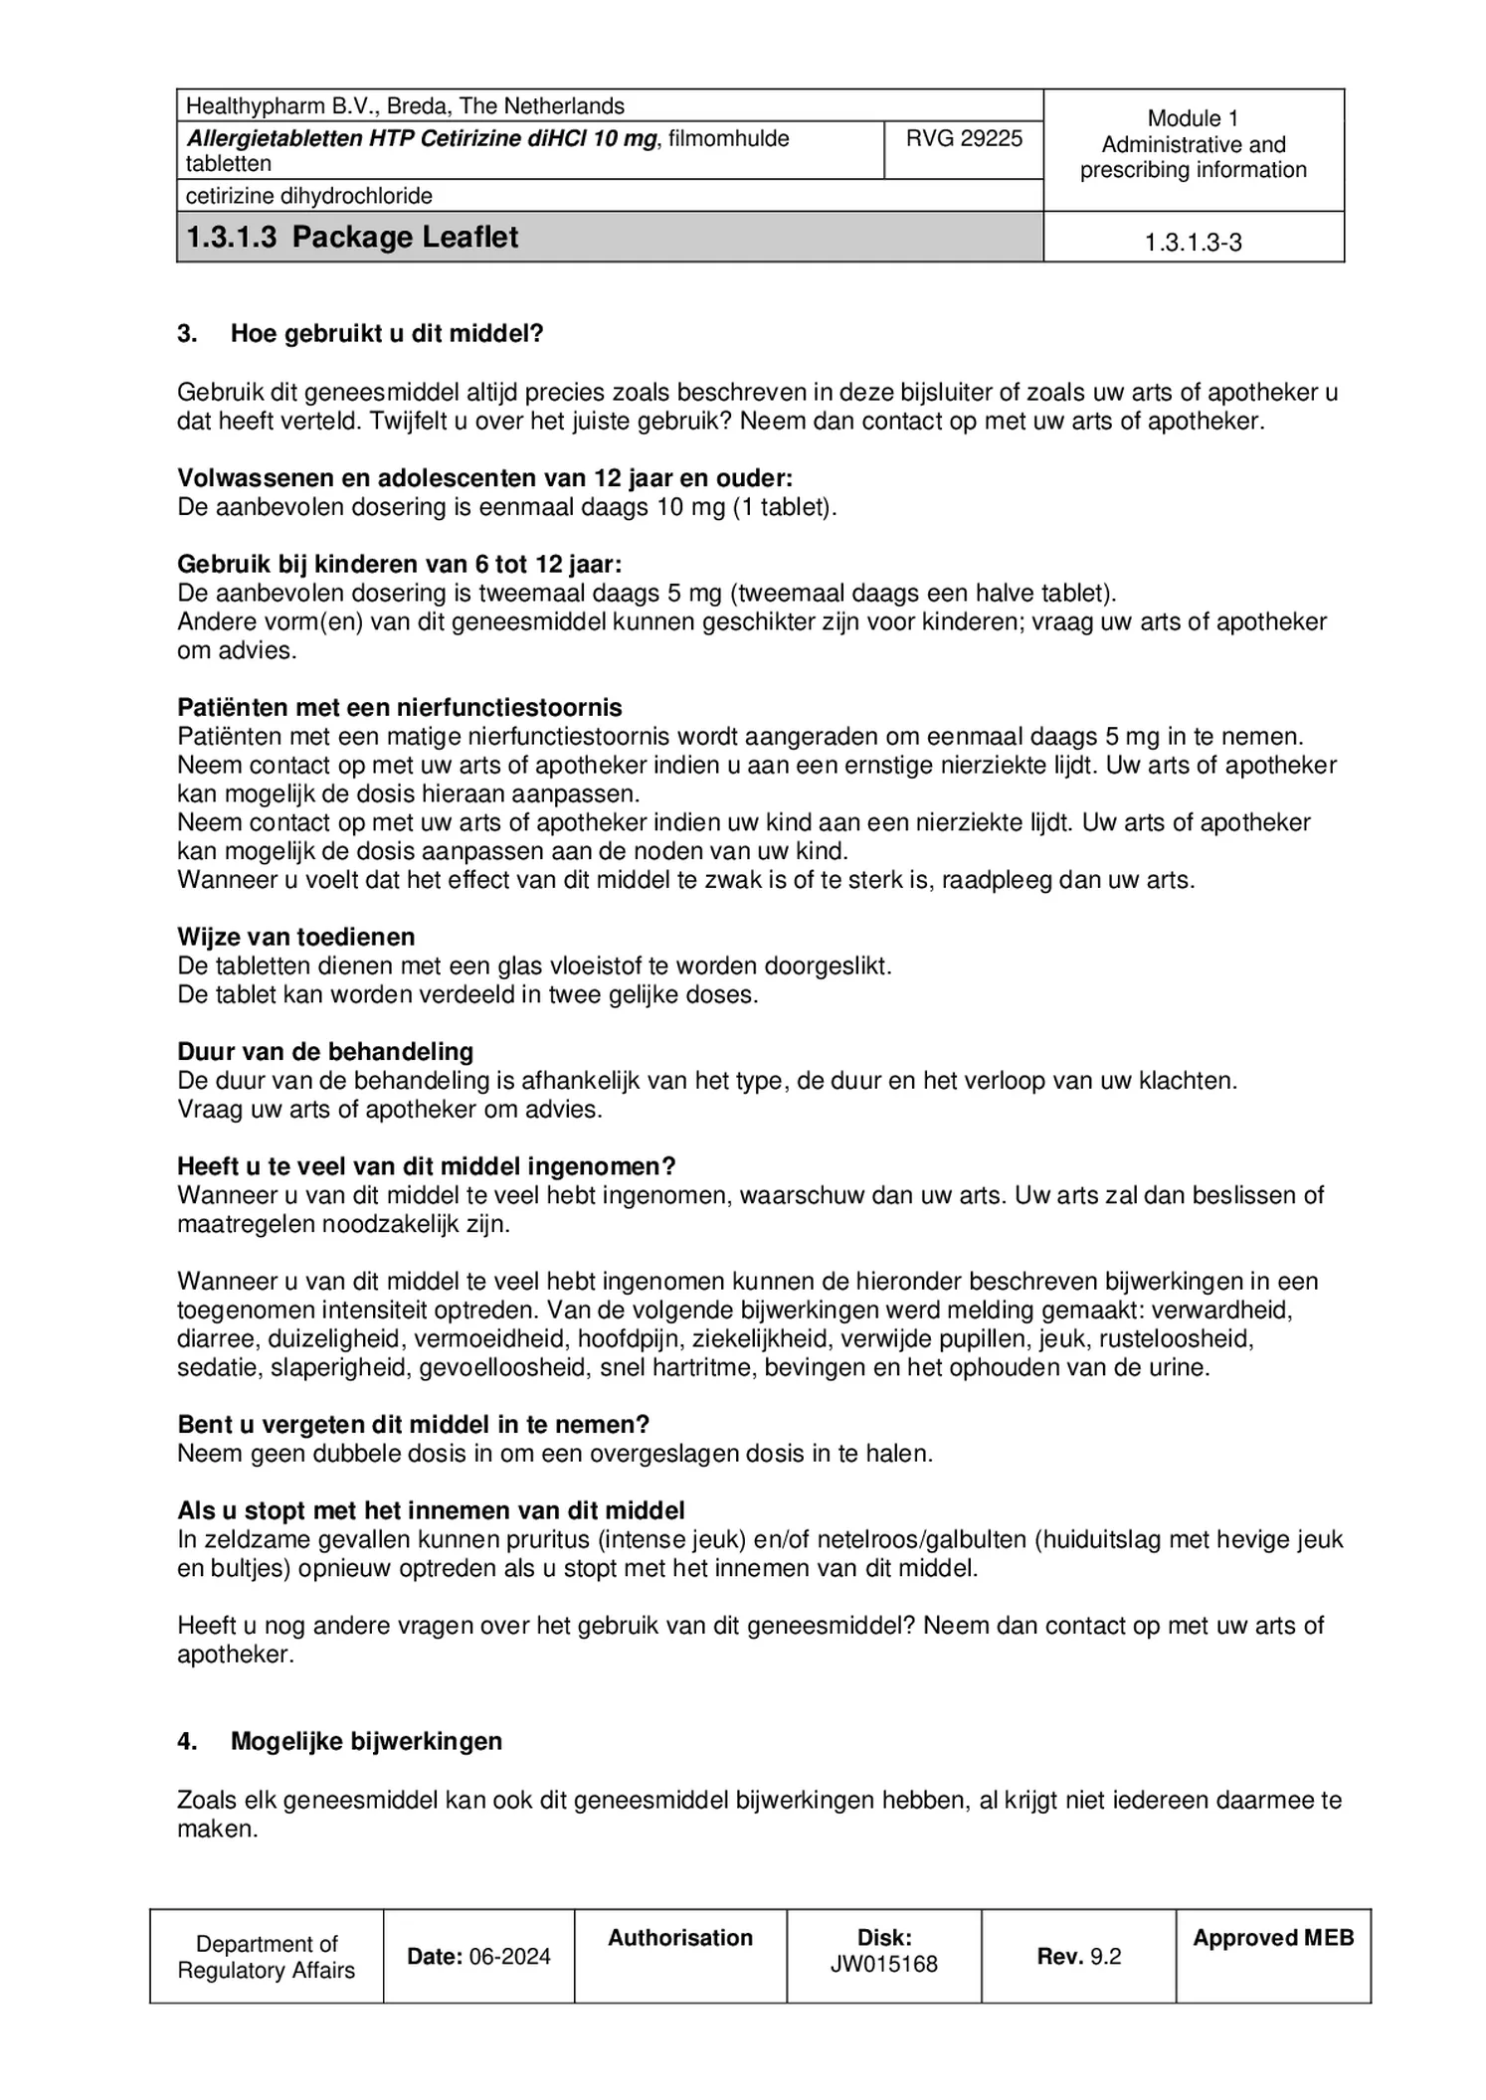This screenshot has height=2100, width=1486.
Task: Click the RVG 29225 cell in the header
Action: pos(963,139)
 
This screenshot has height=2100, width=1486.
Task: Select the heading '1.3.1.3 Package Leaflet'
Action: pos(352,238)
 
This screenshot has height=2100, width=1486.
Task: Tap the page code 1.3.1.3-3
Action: pos(1193,243)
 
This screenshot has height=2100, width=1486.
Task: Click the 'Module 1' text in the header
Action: pos(1193,118)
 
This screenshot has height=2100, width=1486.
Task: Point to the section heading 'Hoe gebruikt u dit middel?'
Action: pos(387,334)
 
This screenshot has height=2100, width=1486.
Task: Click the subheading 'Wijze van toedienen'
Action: pos(295,937)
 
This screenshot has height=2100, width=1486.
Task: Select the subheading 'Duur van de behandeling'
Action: pos(325,1052)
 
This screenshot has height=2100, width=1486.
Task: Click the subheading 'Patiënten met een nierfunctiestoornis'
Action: pos(400,708)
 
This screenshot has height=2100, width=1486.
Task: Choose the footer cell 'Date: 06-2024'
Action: pos(478,1957)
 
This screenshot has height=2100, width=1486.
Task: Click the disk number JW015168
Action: pos(883,1965)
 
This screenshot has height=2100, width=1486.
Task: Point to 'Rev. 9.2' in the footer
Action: pos(1078,1957)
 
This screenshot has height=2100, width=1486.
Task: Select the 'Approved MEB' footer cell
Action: pos(1273,1938)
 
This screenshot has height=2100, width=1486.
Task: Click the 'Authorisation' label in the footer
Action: pos(680,1938)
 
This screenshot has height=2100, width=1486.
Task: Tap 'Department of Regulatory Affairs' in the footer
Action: pos(266,1957)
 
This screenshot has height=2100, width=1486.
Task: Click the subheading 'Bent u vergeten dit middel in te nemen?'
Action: pos(413,1425)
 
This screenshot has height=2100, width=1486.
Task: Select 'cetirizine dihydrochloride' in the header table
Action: pos(309,197)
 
